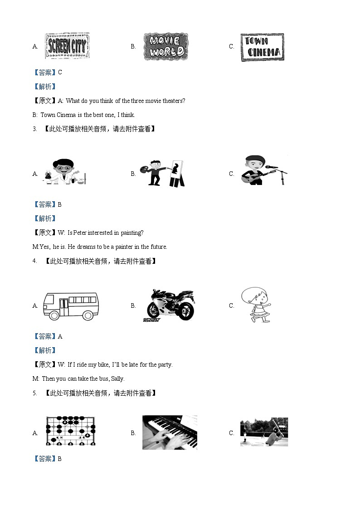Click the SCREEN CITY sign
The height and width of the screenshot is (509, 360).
67,46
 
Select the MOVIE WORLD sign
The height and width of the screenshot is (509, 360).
165,47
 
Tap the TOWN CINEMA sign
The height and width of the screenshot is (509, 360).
262,47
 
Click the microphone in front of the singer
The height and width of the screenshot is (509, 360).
272,167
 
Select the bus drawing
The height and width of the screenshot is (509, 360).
70,306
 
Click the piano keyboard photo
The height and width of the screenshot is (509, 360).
170,432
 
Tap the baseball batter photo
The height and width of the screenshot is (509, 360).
264,431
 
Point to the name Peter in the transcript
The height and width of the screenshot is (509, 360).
80,233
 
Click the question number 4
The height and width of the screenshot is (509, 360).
34,261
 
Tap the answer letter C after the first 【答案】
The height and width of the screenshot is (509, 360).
60,73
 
